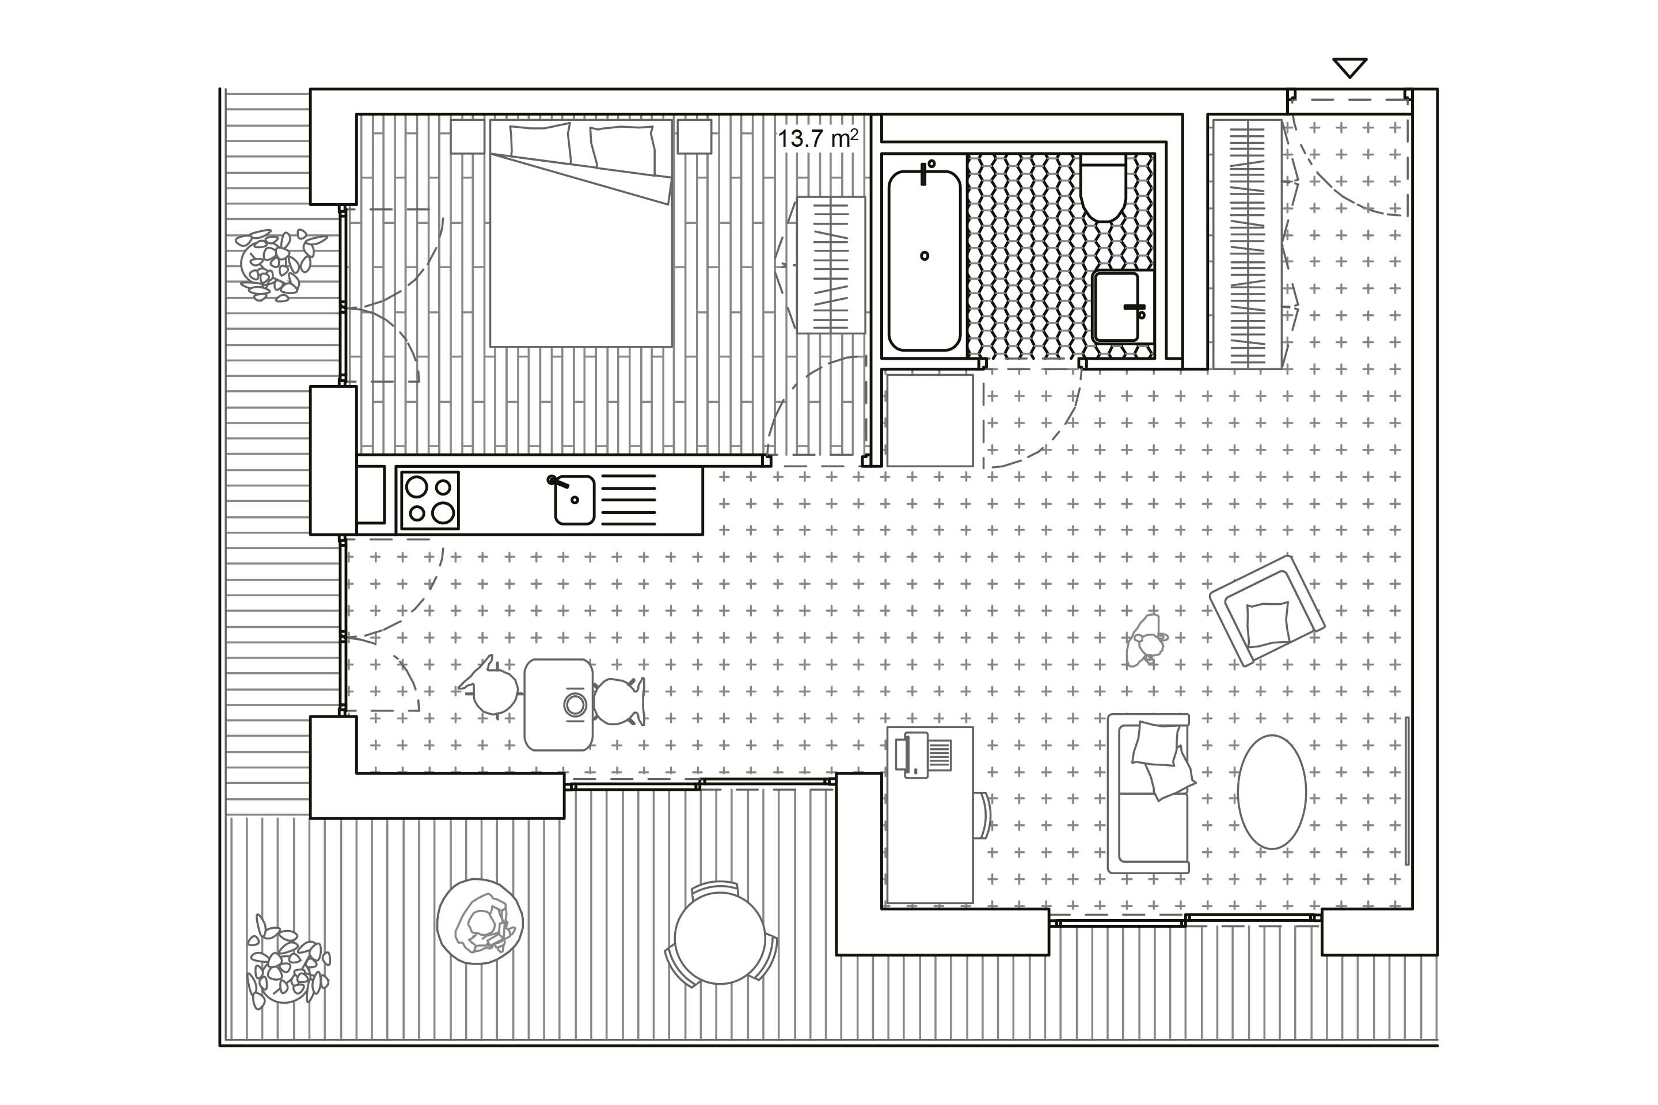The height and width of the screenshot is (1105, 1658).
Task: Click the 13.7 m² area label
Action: point(817,138)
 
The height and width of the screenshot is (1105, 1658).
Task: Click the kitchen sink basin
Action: point(575,500)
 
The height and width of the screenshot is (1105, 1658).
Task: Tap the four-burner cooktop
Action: point(430,500)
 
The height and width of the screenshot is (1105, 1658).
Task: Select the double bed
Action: point(581,233)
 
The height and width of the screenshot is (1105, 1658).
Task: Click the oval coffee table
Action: point(1271,791)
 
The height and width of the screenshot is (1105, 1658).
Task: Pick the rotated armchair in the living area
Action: point(1267,610)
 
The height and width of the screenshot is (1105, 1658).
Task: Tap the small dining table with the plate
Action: point(558,704)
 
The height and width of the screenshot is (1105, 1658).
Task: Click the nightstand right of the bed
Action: point(694,136)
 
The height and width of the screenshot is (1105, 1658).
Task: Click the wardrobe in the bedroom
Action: point(830,265)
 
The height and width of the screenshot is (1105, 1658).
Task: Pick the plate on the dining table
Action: point(575,704)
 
